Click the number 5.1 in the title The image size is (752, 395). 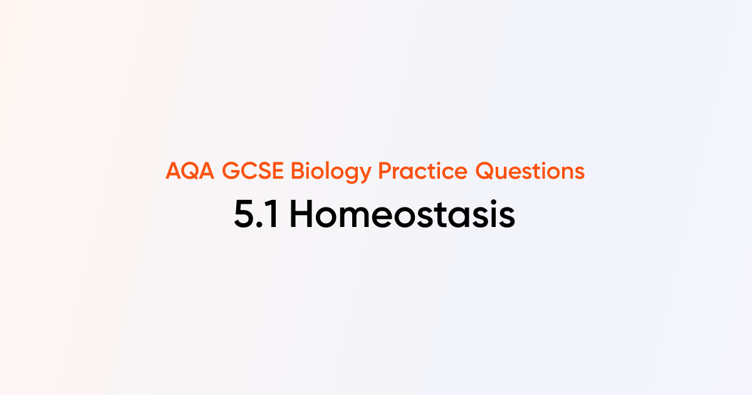[258, 216]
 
